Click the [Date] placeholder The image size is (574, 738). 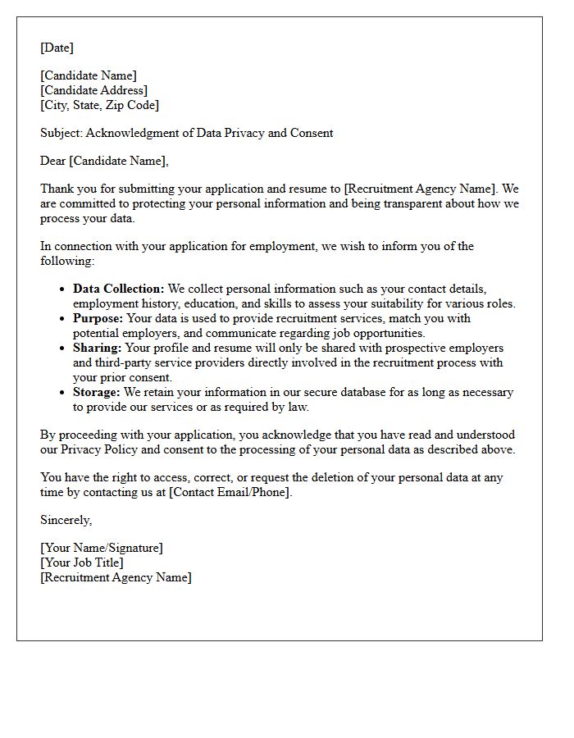(57, 48)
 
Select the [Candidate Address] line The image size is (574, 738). (94, 90)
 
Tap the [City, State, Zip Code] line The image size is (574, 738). (100, 105)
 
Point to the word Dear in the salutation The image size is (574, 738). (53, 161)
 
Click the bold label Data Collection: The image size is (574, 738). (119, 289)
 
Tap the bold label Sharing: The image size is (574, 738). (98, 348)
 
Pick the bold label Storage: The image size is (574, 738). (97, 392)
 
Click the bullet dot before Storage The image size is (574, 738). (64, 393)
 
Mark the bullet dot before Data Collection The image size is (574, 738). (64, 289)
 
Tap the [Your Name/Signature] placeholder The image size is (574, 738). (102, 548)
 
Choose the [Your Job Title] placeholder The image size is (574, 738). (82, 563)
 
